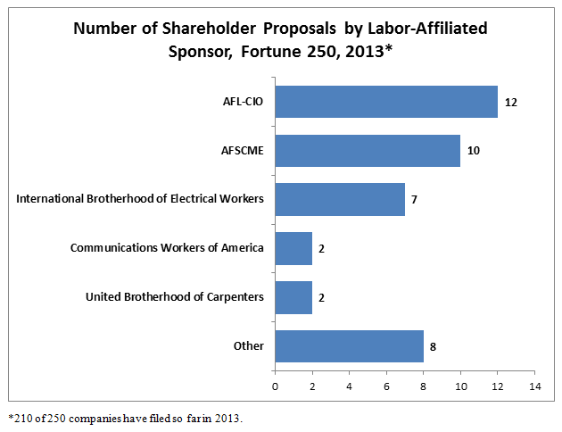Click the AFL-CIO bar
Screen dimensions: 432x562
pyautogui.click(x=386, y=102)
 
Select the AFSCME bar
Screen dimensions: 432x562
pyautogui.click(x=368, y=150)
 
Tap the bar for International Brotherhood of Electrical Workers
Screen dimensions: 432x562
pyautogui.click(x=340, y=198)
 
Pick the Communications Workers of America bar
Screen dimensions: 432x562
pyautogui.click(x=293, y=247)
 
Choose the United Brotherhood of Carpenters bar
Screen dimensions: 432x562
pyautogui.click(x=293, y=296)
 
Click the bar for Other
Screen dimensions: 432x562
pyautogui.click(x=349, y=345)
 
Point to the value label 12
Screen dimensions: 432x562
pyautogui.click(x=510, y=102)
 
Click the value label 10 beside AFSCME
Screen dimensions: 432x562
pyautogui.click(x=473, y=150)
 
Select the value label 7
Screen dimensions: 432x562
pyautogui.click(x=414, y=198)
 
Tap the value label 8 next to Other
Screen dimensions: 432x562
pyautogui.click(x=433, y=345)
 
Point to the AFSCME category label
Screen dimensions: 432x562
pyautogui.click(x=241, y=150)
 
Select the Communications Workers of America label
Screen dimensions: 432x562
pyautogui.click(x=167, y=247)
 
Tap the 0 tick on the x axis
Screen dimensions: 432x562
pyautogui.click(x=275, y=386)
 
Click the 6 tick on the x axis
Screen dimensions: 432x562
pyautogui.click(x=386, y=386)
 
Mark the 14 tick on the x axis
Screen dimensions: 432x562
pyautogui.click(x=534, y=386)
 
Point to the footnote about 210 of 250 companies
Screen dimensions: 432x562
pyautogui.click(x=125, y=418)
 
